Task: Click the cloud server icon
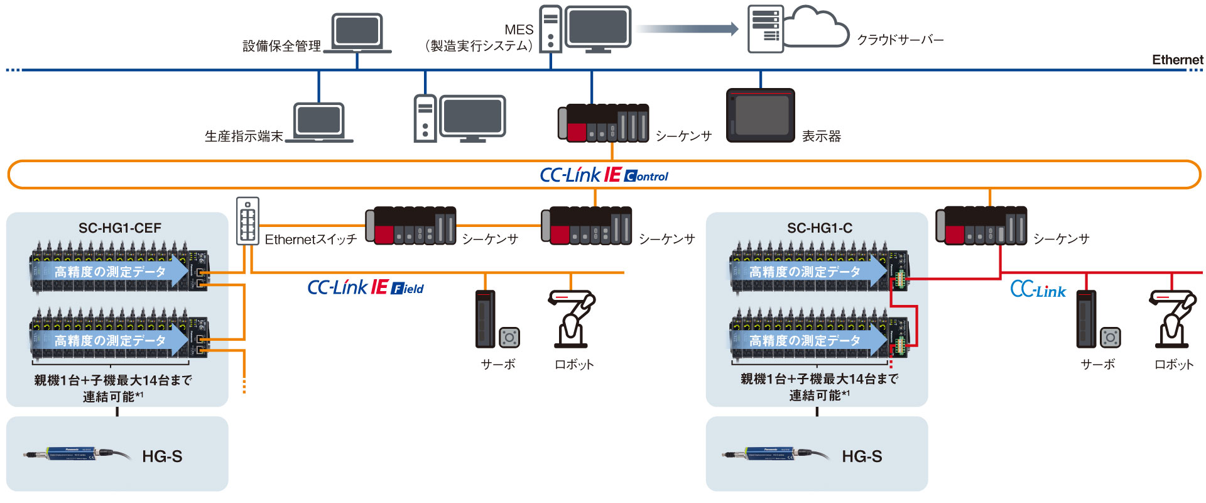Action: pos(798,28)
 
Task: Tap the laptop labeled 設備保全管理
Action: pos(357,33)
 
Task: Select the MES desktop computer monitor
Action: pos(597,28)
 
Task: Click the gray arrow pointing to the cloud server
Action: pos(687,28)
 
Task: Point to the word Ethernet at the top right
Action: pos(1177,60)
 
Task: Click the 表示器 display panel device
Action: pos(761,115)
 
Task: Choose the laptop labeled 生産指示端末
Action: pos(319,122)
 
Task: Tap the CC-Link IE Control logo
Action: pos(604,175)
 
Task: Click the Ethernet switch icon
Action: pos(247,221)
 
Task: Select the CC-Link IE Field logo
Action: pos(365,288)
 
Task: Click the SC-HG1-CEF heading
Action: pos(119,228)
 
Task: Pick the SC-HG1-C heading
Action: pos(819,228)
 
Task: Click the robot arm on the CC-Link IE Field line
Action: pos(572,319)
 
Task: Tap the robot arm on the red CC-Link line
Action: pos(1172,319)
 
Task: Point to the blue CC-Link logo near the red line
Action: pos(1038,290)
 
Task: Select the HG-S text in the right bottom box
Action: pos(862,456)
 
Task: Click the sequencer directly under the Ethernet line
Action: pos(603,123)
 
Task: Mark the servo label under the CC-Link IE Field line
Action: pos(498,364)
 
